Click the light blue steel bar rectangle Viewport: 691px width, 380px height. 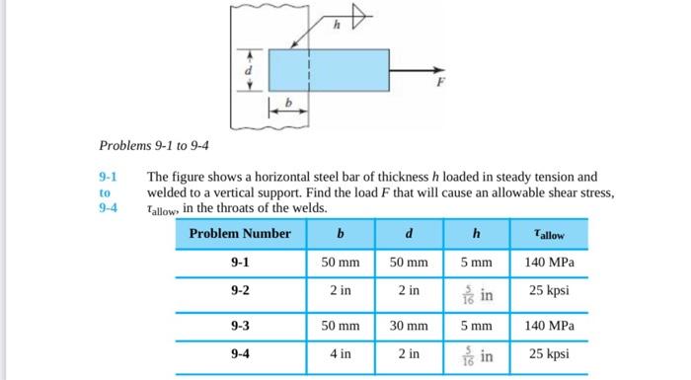click(326, 70)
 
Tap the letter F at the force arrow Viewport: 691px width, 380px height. click(430, 86)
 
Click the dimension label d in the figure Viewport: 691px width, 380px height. click(249, 70)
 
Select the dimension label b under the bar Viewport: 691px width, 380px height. click(289, 102)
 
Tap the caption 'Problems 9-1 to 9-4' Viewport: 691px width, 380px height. click(153, 146)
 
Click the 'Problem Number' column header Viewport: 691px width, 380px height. click(240, 234)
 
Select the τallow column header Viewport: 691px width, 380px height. click(549, 235)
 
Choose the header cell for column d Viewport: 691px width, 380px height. click(409, 234)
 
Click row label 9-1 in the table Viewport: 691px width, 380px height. click(240, 264)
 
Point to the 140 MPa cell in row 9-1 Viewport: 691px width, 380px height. click(549, 264)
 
